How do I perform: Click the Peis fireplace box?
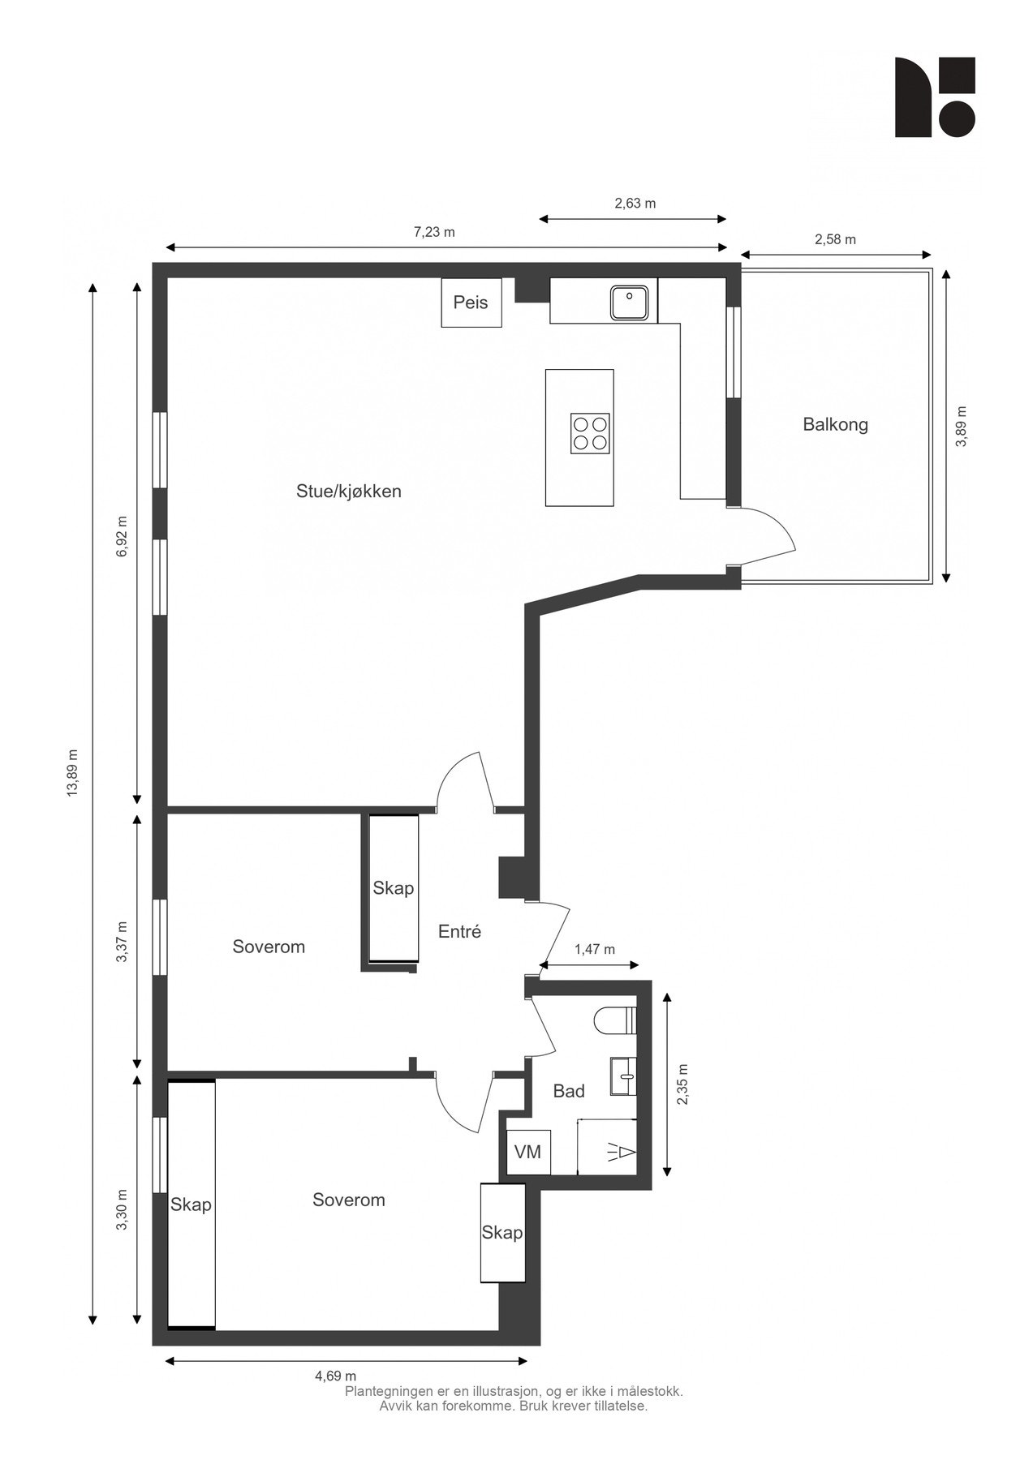pos(471,303)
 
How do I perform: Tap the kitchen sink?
pos(629,303)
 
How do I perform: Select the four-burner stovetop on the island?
pos(590,432)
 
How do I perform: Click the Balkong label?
pos(835,424)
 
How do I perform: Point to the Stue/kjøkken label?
pos(349,492)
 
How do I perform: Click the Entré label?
pos(459,931)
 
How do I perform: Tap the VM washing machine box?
pos(527,1152)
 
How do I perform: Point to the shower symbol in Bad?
pos(622,1152)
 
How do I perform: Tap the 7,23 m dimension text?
pos(434,232)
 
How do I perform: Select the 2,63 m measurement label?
pos(635,204)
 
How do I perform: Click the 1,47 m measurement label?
pos(594,949)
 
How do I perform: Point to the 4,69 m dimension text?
pos(335,1376)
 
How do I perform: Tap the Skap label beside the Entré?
pos(393,888)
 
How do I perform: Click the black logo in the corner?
pos(935,97)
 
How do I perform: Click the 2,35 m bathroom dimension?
pos(682,1084)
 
